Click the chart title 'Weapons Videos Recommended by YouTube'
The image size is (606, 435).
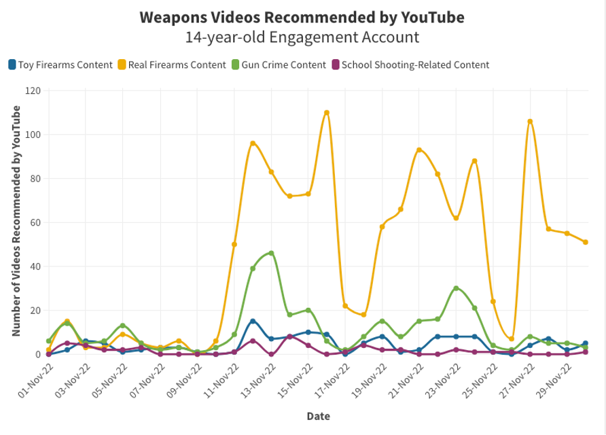click(302, 17)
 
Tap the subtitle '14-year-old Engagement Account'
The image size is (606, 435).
click(302, 37)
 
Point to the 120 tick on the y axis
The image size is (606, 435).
click(33, 90)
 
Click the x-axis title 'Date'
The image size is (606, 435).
click(318, 416)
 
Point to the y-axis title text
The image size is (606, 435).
click(16, 221)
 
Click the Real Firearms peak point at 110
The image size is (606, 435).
click(327, 113)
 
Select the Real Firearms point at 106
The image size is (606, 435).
click(530, 122)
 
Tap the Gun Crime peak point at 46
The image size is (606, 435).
click(271, 253)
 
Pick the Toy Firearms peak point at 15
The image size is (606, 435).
click(253, 321)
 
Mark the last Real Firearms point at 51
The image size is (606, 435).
click(586, 242)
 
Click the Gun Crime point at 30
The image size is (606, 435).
click(456, 288)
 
